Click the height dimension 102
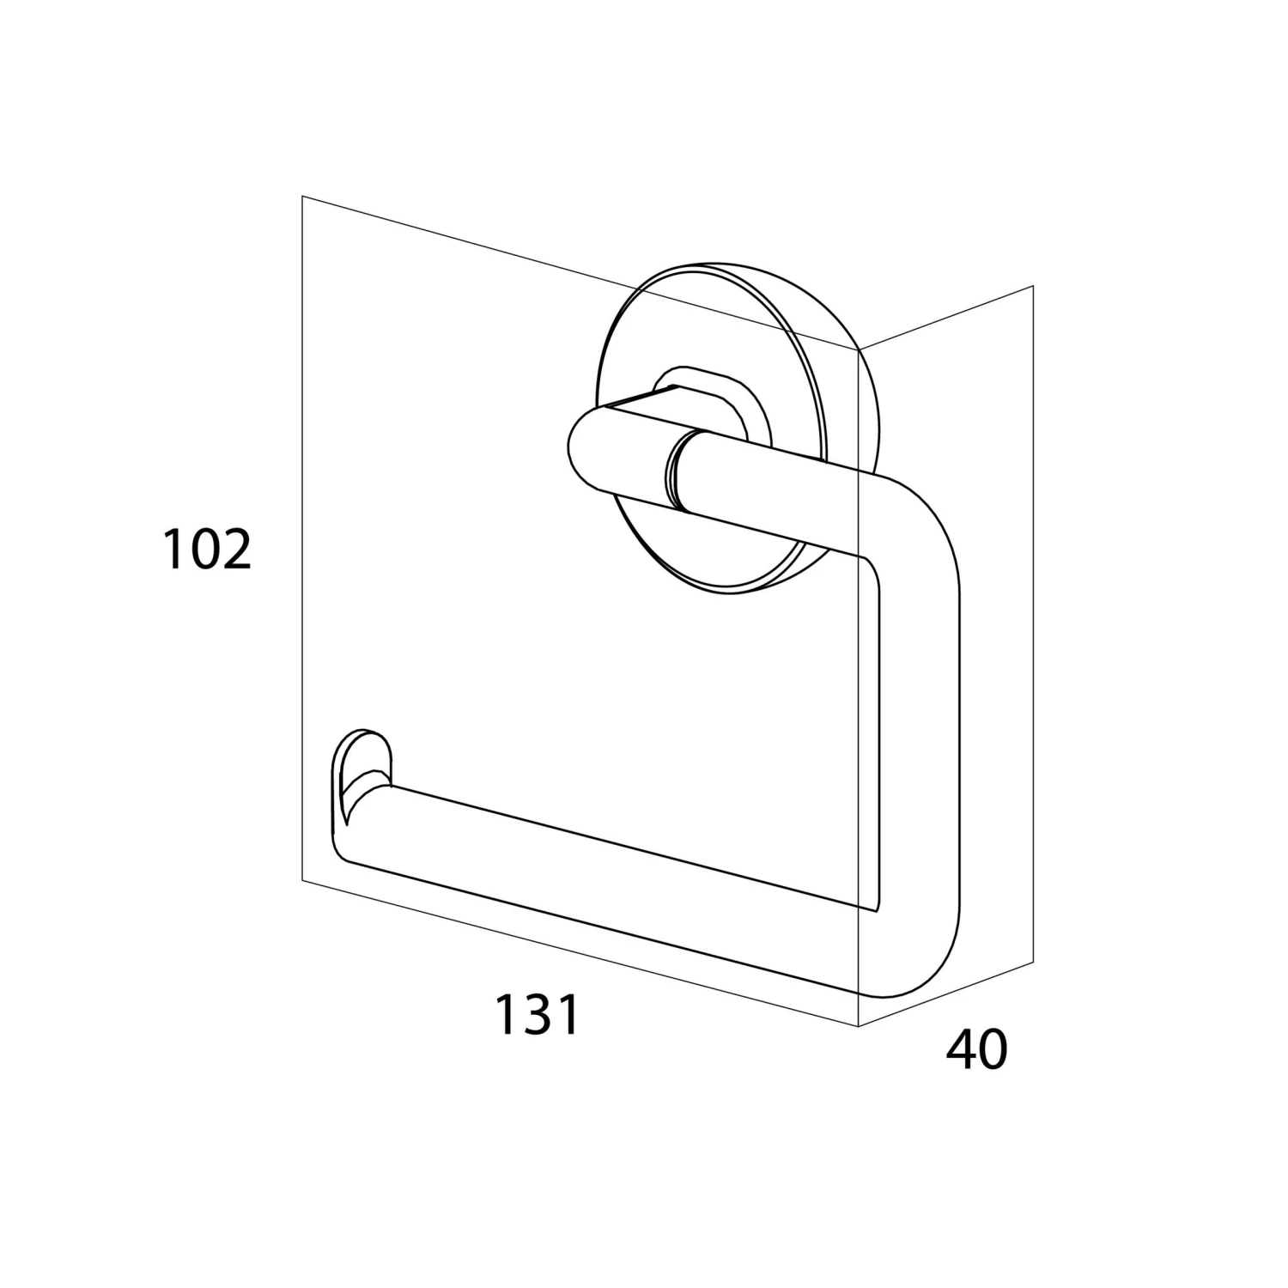[x=207, y=550]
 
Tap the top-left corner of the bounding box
[x=302, y=197]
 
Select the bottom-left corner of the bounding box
[x=302, y=880]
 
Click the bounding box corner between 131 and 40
[x=859, y=1025]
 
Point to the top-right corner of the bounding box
[x=1033, y=285]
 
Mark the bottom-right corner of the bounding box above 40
[x=1033, y=964]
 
